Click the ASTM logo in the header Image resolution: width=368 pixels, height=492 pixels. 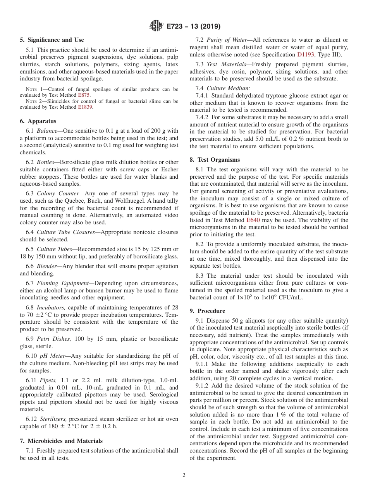pyautogui.click(x=157, y=26)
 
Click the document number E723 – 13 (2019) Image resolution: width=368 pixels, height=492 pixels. pyautogui.click(x=193, y=27)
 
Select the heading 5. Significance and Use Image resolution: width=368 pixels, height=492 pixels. pyautogui.click(x=52, y=40)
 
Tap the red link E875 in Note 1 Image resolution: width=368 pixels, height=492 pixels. pyautogui.click(x=84, y=95)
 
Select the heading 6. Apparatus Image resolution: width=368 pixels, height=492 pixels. pyautogui.click(x=38, y=121)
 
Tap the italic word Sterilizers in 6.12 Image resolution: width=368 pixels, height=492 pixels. pyautogui.click(x=52, y=419)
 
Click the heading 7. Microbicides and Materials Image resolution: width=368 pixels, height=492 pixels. pyautogui.click(x=61, y=441)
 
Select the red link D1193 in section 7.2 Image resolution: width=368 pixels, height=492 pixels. pyautogui.click(x=305, y=55)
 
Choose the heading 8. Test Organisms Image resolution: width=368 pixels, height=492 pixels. pyautogui.click(x=215, y=160)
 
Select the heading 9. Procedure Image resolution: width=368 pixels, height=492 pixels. pyautogui.click(x=207, y=311)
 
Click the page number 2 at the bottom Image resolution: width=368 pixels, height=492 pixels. pyautogui.click(x=184, y=475)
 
